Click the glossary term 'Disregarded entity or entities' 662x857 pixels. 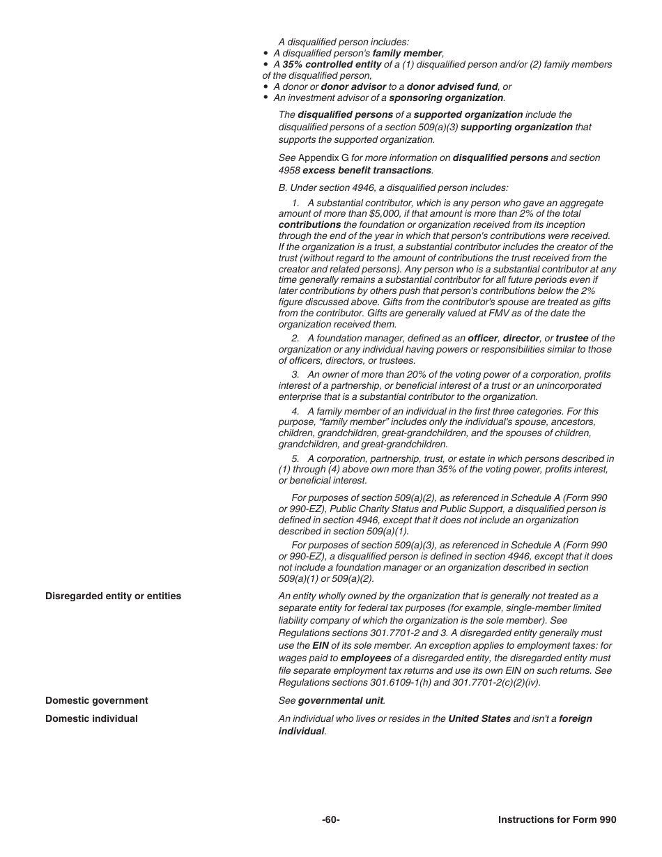click(113, 596)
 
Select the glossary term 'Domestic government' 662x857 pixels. click(97, 701)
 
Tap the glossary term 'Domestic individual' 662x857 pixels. click(91, 719)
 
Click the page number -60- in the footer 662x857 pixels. click(331, 820)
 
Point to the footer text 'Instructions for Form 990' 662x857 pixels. click(557, 820)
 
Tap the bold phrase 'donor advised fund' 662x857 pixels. click(452, 87)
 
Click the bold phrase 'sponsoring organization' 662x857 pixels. click(446, 98)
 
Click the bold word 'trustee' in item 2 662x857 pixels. click(571, 339)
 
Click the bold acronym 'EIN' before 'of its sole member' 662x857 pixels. click(321, 646)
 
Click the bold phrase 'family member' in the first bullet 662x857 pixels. click(407, 54)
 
